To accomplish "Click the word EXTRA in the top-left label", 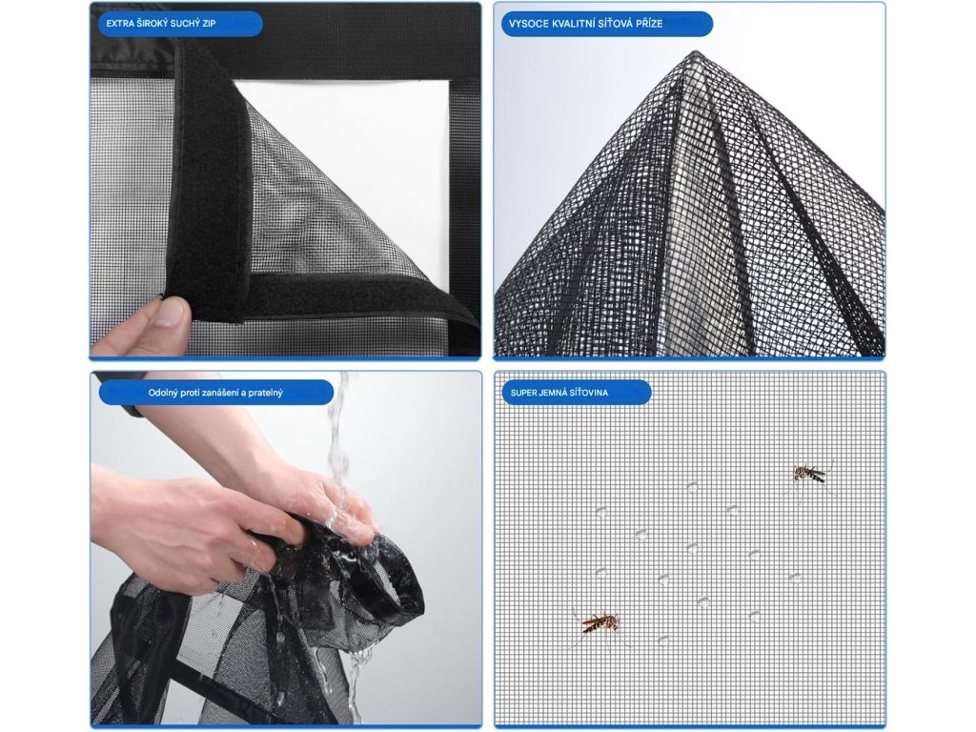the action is (120, 24).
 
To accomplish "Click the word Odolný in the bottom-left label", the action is (163, 393).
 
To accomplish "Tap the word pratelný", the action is (264, 393).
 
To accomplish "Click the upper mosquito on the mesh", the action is (811, 475).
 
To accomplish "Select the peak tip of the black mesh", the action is (696, 52).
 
